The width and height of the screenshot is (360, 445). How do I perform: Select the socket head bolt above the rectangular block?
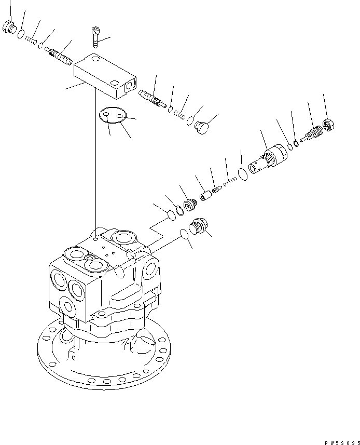[95, 36]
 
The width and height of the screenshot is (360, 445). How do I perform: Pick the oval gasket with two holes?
[113, 116]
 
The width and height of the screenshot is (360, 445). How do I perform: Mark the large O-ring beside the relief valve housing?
[242, 172]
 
